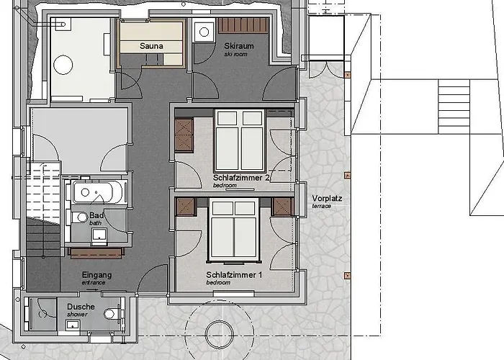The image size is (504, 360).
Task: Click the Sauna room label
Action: tap(150, 46)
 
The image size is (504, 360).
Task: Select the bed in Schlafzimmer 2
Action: tap(240, 138)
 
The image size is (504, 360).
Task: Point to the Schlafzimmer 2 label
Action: tap(240, 178)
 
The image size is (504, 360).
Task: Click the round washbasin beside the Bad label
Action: tap(82, 217)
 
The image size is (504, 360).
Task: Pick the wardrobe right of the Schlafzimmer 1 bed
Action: tap(282, 207)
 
